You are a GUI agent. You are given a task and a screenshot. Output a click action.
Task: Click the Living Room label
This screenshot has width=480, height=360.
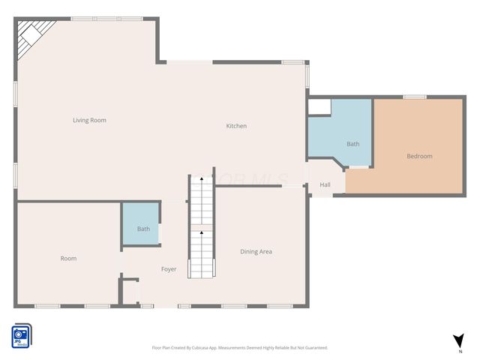(x=89, y=120)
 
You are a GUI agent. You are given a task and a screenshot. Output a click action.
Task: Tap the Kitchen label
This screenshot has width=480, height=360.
(x=236, y=126)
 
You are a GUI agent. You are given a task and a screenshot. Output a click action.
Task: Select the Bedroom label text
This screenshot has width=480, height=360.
(x=419, y=156)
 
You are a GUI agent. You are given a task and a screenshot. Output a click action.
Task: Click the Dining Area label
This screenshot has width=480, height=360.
(x=256, y=251)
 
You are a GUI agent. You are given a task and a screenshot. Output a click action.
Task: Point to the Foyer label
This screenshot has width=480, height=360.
(x=169, y=268)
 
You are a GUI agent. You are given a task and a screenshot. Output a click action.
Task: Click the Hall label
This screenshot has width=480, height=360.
(x=325, y=184)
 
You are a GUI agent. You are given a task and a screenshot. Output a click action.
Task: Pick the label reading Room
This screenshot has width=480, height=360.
(x=68, y=258)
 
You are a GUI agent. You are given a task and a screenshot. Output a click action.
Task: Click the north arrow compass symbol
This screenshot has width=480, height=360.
(x=458, y=341)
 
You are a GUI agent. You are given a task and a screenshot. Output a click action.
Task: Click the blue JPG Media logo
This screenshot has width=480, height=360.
(x=20, y=335)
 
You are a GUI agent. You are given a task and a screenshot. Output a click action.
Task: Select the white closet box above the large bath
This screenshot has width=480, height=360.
(x=319, y=107)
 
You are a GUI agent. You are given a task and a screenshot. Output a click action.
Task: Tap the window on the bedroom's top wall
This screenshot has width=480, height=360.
(x=415, y=97)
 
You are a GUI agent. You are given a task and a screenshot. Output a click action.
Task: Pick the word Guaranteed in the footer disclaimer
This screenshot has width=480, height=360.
(x=314, y=348)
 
